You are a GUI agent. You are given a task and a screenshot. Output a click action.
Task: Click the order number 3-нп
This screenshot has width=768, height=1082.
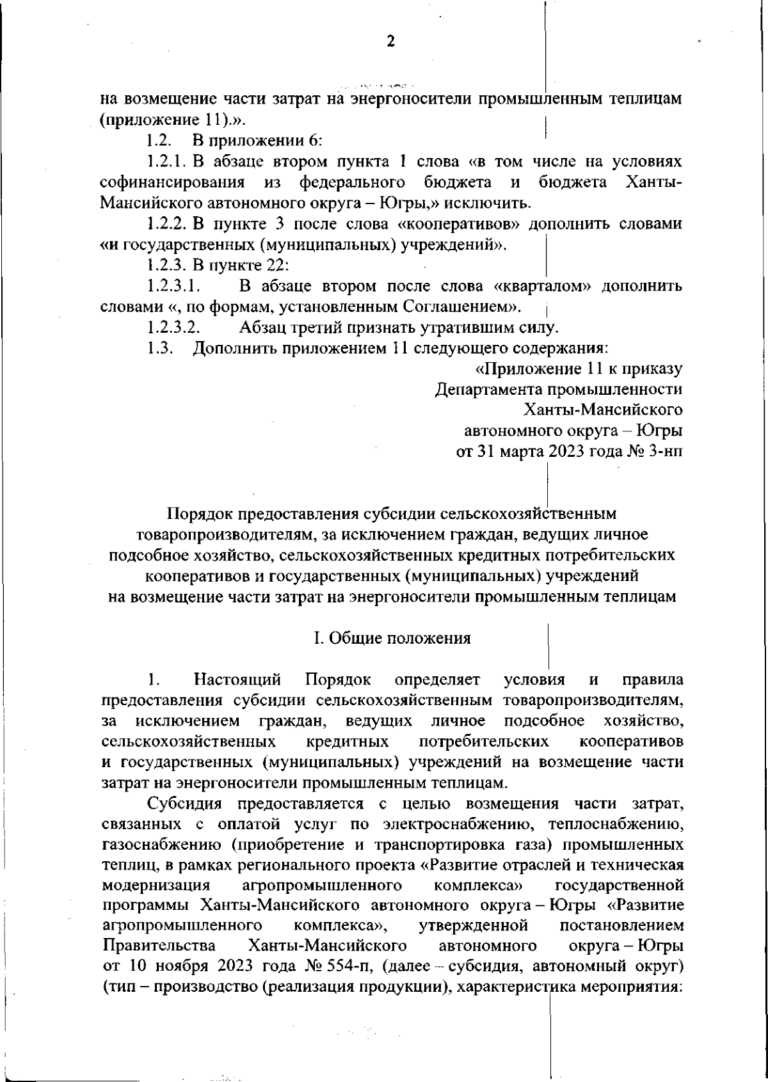coord(665,452)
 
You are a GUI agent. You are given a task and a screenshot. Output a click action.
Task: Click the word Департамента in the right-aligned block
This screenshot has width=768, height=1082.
coord(488,389)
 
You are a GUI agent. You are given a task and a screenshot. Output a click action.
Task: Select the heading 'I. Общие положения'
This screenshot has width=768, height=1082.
coord(392,638)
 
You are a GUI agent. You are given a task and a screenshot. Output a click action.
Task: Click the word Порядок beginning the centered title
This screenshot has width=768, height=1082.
coord(199,514)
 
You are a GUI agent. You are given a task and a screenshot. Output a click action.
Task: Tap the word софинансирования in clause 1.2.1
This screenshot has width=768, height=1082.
coord(173,182)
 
